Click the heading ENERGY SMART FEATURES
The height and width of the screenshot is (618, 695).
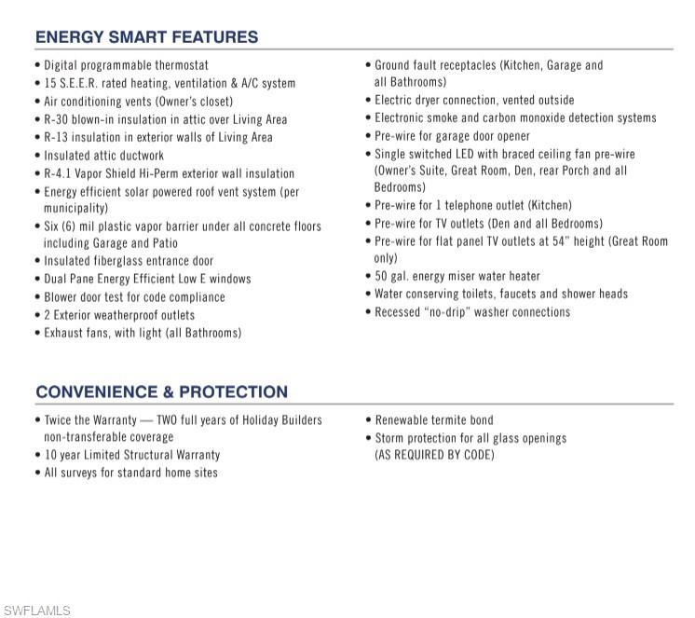pyautogui.click(x=146, y=37)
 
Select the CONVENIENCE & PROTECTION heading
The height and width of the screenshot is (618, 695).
pyautogui.click(x=161, y=391)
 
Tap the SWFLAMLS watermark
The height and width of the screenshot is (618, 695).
pyautogui.click(x=36, y=611)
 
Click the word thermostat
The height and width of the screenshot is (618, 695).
pyautogui.click(x=177, y=65)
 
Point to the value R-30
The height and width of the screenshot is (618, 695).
pyautogui.click(x=58, y=119)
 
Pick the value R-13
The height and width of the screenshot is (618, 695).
pyautogui.click(x=58, y=137)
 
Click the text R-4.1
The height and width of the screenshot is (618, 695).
pyautogui.click(x=60, y=173)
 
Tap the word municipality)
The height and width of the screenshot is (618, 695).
pyautogui.click(x=75, y=208)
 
